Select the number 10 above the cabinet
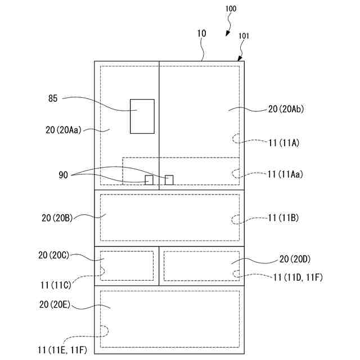pos(201,34)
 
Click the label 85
pos(52,98)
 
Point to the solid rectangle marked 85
pos(142,116)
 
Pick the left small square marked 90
pos(149,180)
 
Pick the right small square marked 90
pos(169,179)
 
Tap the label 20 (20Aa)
pos(64,129)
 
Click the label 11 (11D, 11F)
pos(298,277)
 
